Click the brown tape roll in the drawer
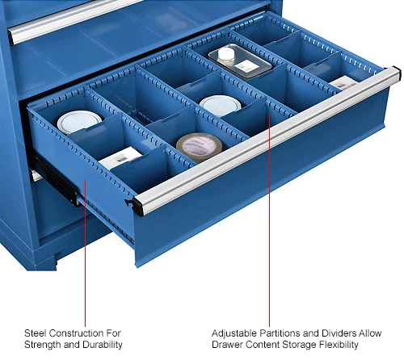tap(199, 147)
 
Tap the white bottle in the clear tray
tap(227, 56)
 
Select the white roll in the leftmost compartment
tap(79, 122)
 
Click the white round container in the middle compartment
tap(217, 105)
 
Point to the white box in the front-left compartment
tap(119, 158)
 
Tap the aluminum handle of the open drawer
tap(267, 138)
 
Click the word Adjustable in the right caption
tap(234, 333)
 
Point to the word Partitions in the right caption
tap(282, 333)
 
